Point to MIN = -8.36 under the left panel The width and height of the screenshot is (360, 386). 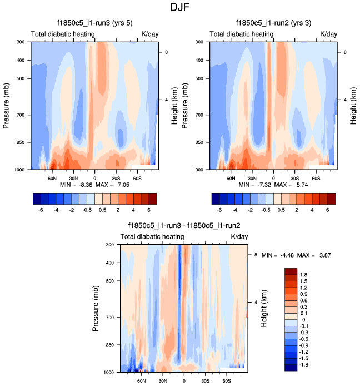click(73, 184)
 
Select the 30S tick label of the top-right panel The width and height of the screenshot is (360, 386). click(295, 179)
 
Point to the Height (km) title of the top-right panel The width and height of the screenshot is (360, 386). click(353, 104)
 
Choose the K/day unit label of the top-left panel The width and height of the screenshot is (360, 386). click(149, 34)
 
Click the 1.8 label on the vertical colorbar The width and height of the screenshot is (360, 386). click(303, 275)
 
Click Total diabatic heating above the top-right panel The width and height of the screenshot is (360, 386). click(242, 34)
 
